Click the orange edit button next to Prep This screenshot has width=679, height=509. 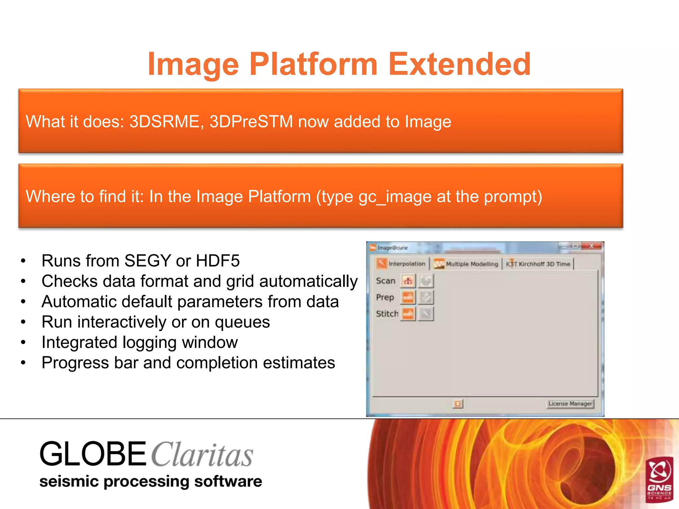pyautogui.click(x=408, y=297)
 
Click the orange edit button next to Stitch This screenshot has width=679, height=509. pyautogui.click(x=408, y=313)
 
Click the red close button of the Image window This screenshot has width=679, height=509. pyautogui.click(x=592, y=246)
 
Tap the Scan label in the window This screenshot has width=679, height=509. pyautogui.click(x=386, y=281)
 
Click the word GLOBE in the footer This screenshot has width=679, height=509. pyautogui.click(x=93, y=454)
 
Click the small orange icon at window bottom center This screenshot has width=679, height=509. pyautogui.click(x=458, y=404)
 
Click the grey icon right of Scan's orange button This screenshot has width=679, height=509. pyautogui.click(x=426, y=281)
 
